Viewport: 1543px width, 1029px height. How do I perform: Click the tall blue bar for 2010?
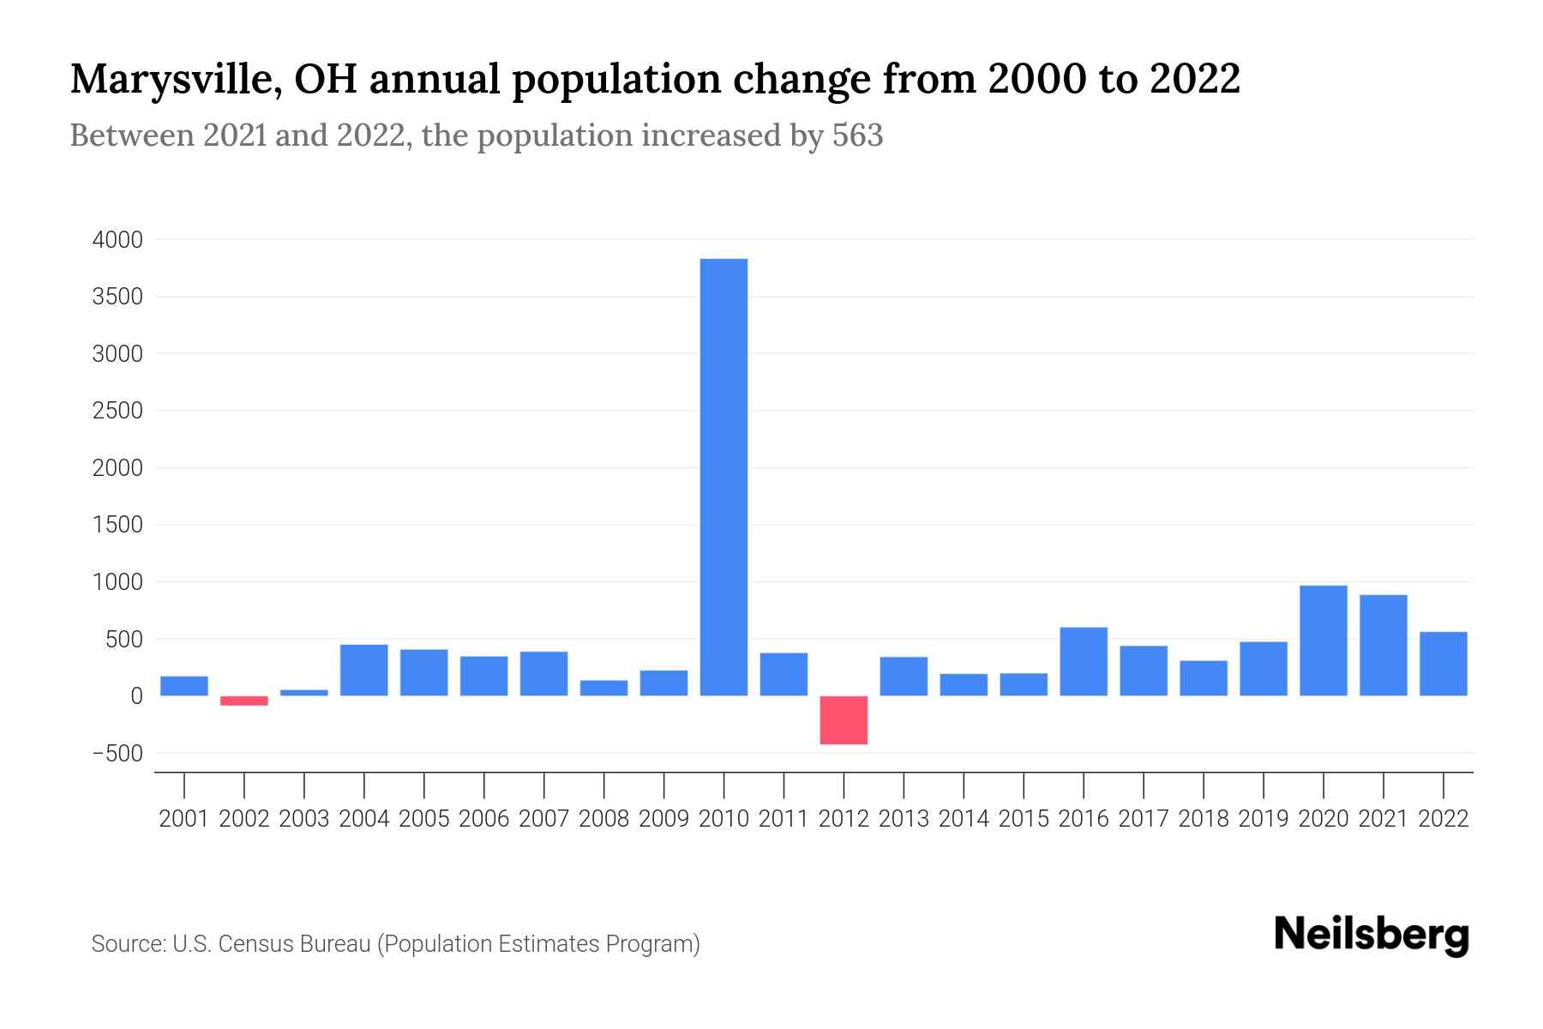coord(723,477)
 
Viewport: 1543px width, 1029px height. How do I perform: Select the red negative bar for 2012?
coord(844,720)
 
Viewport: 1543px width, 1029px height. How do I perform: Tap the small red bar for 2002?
coord(244,701)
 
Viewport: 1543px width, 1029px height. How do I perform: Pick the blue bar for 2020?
coord(1323,641)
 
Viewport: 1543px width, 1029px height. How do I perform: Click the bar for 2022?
coord(1443,664)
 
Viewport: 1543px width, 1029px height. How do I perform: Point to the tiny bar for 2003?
coord(304,692)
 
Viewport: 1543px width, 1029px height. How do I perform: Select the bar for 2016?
coord(1084,661)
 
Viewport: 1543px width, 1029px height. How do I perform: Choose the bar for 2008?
coord(603,688)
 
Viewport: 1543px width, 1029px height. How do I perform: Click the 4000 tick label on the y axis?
coord(117,240)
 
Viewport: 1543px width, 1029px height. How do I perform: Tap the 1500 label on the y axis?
coord(117,525)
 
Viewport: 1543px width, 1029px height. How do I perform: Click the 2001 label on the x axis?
coord(184,819)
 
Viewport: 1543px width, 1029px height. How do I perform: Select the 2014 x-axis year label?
coord(964,819)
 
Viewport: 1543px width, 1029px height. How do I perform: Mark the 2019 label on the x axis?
coord(1263,819)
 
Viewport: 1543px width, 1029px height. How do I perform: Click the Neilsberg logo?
coord(1372,935)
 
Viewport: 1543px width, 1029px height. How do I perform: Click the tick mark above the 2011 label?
coord(784,784)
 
